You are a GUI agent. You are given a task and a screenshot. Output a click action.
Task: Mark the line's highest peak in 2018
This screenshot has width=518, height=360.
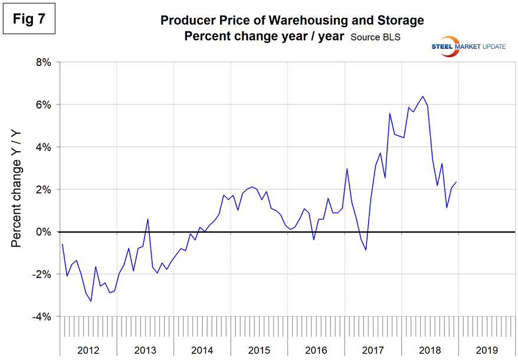[x=422, y=96]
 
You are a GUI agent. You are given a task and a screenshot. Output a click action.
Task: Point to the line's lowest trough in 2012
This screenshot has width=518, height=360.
[x=91, y=302]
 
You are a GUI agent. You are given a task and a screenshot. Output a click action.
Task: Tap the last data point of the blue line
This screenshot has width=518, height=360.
[x=456, y=182]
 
